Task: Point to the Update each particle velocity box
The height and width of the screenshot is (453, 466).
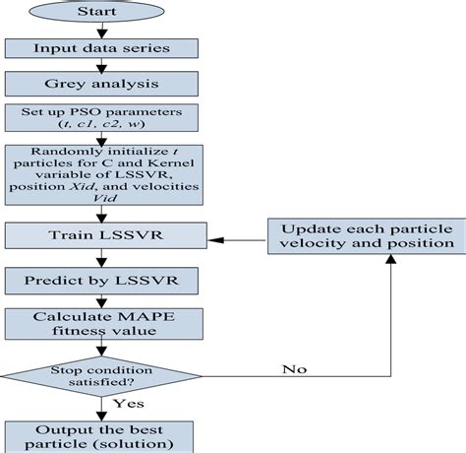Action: (x=364, y=235)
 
